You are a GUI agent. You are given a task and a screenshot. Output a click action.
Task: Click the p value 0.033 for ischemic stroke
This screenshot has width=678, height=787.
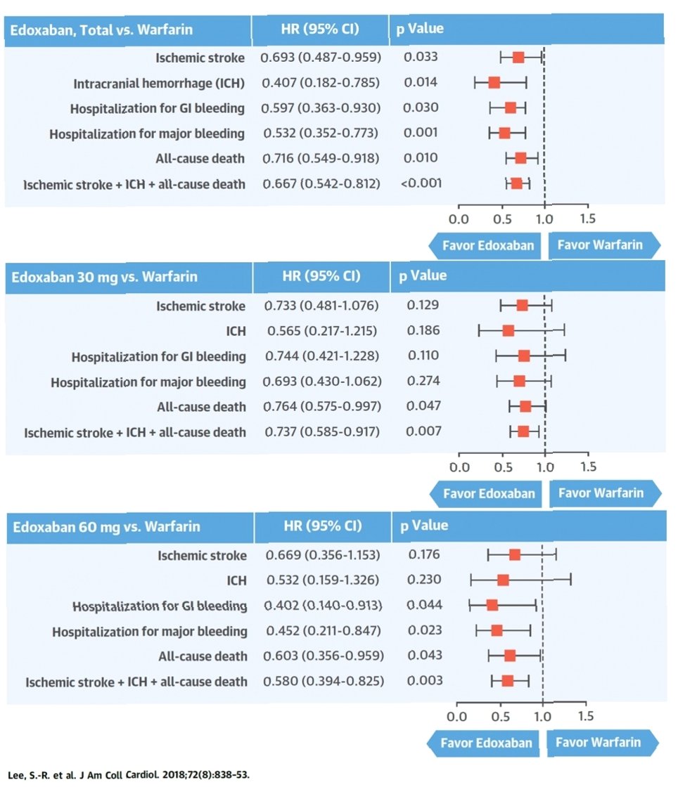(x=421, y=57)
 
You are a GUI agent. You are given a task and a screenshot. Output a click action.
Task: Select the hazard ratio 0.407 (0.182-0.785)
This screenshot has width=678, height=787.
(x=320, y=83)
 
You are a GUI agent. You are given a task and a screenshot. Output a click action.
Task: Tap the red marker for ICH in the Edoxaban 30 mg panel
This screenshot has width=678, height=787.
(x=509, y=330)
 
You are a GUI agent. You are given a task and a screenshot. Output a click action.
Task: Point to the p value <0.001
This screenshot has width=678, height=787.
(x=421, y=184)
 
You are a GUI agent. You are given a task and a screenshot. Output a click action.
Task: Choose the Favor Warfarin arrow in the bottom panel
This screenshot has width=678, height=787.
(x=603, y=742)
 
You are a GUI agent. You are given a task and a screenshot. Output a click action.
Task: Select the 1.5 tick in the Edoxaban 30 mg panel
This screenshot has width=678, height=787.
(x=587, y=467)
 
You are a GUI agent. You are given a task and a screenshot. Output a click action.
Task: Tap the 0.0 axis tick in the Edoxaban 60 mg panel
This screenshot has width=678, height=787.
(x=457, y=716)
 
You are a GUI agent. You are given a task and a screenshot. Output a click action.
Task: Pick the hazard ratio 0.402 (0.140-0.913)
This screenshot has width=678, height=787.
(x=324, y=606)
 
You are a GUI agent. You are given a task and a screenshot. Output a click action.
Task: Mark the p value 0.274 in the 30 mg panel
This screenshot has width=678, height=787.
(x=423, y=382)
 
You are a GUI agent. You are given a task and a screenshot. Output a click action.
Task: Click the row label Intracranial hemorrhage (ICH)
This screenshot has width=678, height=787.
(x=159, y=84)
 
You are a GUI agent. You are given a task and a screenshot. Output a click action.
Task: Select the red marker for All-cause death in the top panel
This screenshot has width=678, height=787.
(x=520, y=158)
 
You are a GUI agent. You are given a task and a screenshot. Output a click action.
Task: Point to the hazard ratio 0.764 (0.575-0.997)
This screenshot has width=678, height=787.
(x=323, y=407)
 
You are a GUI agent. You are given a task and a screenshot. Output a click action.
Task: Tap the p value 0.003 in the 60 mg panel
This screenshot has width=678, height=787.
(x=426, y=681)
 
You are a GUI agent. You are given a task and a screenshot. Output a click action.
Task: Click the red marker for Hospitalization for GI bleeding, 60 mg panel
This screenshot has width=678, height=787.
(x=492, y=605)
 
